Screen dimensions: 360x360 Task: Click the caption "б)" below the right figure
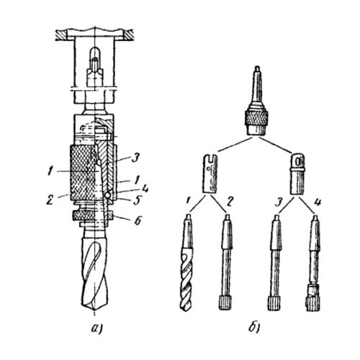[254, 328]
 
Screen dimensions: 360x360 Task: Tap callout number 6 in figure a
[138, 221]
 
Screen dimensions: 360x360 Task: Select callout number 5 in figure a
[137, 201]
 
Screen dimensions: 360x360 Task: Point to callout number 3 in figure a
[136, 158]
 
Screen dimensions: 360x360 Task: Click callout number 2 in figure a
[50, 200]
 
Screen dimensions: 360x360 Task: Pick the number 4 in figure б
[317, 202]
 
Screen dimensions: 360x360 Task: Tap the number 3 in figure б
[279, 202]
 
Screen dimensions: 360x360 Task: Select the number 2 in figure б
[229, 202]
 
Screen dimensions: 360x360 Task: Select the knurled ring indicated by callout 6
[92, 215]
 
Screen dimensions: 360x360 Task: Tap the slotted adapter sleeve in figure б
[210, 174]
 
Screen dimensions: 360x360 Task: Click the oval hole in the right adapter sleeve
[298, 161]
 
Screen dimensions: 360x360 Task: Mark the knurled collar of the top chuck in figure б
[256, 117]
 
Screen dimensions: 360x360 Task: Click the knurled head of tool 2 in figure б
[225, 303]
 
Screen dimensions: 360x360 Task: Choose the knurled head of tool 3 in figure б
[274, 304]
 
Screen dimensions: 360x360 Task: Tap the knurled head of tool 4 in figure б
[313, 304]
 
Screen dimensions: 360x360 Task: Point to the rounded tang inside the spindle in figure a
[94, 58]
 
